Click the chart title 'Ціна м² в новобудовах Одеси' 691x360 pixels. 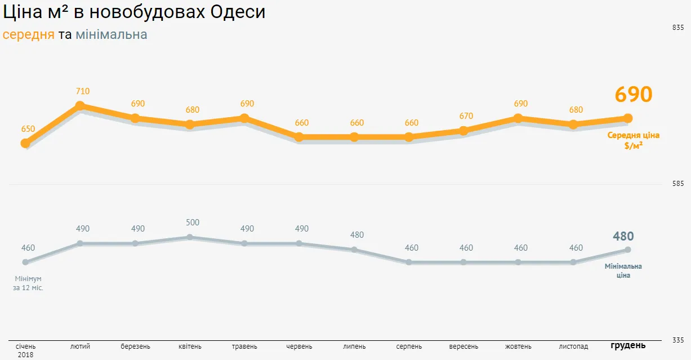coord(133,12)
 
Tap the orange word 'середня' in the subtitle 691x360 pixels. coord(29,35)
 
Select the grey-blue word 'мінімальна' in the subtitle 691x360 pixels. coord(112,35)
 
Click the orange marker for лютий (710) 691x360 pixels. coord(80,106)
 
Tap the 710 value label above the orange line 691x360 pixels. coord(83,91)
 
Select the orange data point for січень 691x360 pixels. coord(25,143)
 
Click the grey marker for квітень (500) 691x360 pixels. coord(190,237)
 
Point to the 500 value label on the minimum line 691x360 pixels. coord(193,223)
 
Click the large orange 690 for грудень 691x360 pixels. coord(633,95)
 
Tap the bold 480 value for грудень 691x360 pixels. coord(623,237)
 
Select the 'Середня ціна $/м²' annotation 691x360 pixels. coord(634,140)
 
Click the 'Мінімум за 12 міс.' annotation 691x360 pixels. coord(28,283)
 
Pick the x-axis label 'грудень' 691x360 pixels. coord(628,345)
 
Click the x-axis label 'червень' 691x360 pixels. coord(299,346)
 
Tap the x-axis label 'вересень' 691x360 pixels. coord(463,346)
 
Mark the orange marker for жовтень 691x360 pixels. coord(518,118)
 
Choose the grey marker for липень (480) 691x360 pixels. coord(354,250)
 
